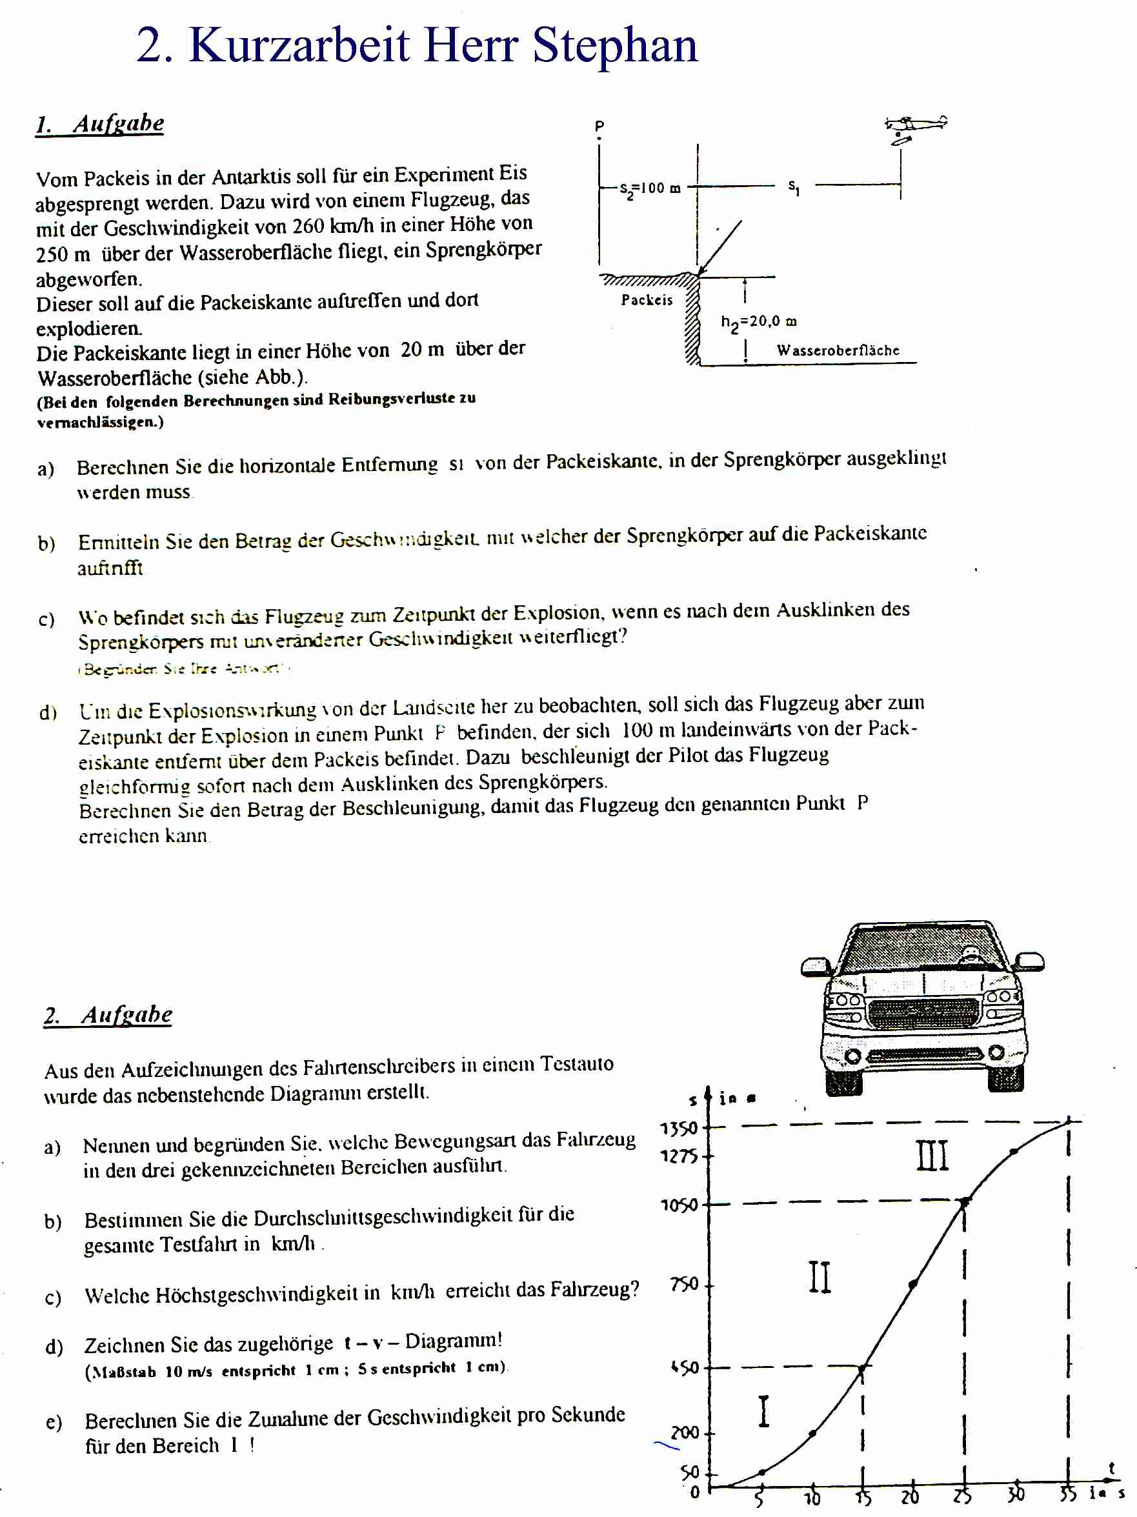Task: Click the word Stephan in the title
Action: pyautogui.click(x=614, y=45)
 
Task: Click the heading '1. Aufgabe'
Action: pyautogui.click(x=100, y=123)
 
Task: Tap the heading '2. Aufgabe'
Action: pyautogui.click(x=108, y=1014)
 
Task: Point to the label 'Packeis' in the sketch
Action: pyautogui.click(x=647, y=299)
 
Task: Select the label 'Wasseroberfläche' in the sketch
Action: pyautogui.click(x=838, y=350)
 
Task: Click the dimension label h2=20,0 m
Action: pyautogui.click(x=758, y=321)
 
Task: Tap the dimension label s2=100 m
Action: pyautogui.click(x=649, y=188)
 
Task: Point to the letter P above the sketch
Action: pyautogui.click(x=599, y=126)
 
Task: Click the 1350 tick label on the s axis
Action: pyautogui.click(x=678, y=1129)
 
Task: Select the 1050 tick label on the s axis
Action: pyautogui.click(x=678, y=1205)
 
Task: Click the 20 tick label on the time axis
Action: pyautogui.click(x=910, y=1496)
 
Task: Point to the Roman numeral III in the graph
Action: pyautogui.click(x=932, y=1156)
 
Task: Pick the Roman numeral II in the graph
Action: pyautogui.click(x=820, y=1277)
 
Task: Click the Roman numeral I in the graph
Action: pyautogui.click(x=763, y=1411)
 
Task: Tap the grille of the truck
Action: pyautogui.click(x=923, y=1013)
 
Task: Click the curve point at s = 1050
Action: pyautogui.click(x=965, y=1202)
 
